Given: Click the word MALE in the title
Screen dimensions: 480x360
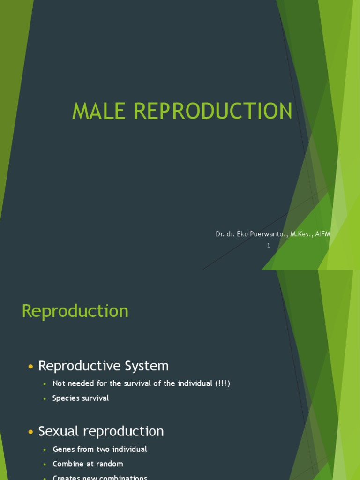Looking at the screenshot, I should point(100,111).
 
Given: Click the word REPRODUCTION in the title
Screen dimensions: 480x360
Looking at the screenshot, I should point(213,111).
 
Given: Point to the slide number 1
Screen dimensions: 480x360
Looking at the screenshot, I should point(269,245).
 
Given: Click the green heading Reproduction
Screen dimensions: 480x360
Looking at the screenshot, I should point(75,311).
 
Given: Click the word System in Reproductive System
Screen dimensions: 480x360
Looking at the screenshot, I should point(147,366).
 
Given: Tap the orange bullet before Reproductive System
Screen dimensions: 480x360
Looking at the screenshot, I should point(31,367).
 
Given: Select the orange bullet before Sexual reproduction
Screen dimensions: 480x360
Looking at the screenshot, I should point(31,432).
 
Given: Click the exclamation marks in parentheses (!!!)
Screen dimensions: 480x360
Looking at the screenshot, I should point(223,383).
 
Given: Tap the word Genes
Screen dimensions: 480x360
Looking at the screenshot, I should point(63,449).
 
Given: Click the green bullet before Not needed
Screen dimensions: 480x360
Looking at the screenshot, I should point(45,384).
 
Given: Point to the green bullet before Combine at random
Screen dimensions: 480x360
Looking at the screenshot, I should point(45,464).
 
